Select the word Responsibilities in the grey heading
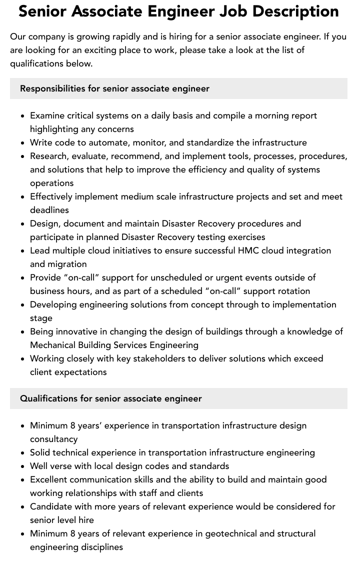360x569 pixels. [52, 88]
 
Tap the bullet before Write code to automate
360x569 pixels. [22, 142]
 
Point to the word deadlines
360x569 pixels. [49, 210]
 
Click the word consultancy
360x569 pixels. [54, 439]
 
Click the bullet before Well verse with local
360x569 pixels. [22, 466]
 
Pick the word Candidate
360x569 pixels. [51, 506]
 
